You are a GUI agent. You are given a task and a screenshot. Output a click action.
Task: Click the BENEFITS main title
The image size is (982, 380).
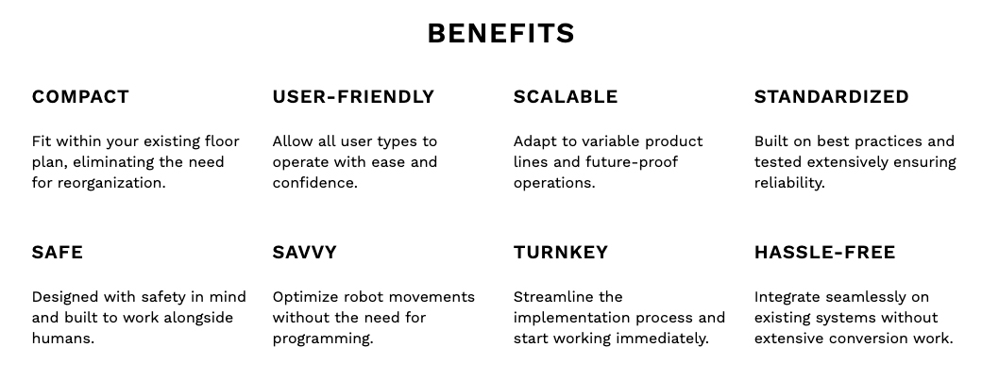click(x=501, y=33)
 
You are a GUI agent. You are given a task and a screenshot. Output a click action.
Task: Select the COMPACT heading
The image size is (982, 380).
click(x=80, y=97)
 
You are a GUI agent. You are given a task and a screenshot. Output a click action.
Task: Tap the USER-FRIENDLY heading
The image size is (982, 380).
click(x=353, y=97)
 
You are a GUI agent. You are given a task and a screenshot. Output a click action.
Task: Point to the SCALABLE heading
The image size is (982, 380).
click(x=566, y=97)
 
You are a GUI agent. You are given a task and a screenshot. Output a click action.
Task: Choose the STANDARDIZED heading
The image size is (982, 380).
click(x=831, y=97)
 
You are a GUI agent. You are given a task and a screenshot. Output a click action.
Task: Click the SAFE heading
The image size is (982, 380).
click(x=57, y=253)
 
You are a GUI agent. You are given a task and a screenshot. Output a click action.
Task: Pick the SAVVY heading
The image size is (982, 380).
click(x=304, y=253)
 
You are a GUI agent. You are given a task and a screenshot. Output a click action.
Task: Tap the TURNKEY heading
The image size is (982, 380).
click(x=561, y=253)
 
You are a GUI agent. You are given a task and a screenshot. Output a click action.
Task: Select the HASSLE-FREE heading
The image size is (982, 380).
click(x=825, y=253)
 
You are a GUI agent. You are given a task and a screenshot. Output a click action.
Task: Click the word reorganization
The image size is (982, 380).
click(x=111, y=183)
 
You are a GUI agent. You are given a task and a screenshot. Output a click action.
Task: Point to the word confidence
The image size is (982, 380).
click(x=315, y=183)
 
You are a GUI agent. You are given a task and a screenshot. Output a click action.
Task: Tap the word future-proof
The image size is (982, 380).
click(x=632, y=162)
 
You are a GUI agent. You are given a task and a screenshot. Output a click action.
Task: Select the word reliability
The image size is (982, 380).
click(x=789, y=183)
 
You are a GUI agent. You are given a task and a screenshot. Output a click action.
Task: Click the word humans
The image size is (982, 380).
click(x=63, y=339)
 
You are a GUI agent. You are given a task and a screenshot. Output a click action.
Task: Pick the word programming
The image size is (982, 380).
click(x=323, y=339)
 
